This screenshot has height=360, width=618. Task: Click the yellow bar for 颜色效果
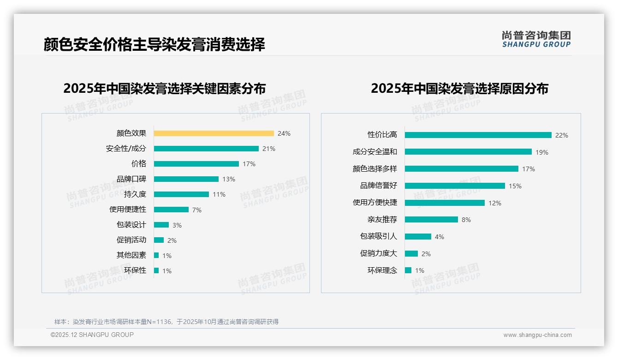click(214, 133)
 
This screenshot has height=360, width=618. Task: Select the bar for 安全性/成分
click(206, 149)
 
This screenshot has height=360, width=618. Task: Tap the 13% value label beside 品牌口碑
click(228, 179)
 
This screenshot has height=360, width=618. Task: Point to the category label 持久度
click(135, 194)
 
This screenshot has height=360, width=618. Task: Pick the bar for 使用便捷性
click(171, 210)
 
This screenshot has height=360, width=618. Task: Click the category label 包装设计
click(131, 225)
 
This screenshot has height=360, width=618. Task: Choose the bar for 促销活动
click(159, 240)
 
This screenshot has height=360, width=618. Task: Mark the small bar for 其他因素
click(156, 255)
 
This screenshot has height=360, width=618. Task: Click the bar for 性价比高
click(478, 135)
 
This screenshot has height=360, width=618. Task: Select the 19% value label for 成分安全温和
click(542, 152)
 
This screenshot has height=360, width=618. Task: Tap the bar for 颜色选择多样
click(461, 169)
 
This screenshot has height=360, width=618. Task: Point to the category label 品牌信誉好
click(378, 186)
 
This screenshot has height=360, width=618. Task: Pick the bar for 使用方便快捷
click(445, 203)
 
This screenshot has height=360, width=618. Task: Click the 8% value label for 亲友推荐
click(466, 220)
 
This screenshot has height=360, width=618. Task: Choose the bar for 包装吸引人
click(418, 237)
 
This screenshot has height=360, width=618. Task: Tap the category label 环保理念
click(382, 270)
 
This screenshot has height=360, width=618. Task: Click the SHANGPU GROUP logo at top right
click(536, 39)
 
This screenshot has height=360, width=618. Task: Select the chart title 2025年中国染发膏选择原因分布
click(459, 88)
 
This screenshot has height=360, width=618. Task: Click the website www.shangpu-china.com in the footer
click(537, 335)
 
